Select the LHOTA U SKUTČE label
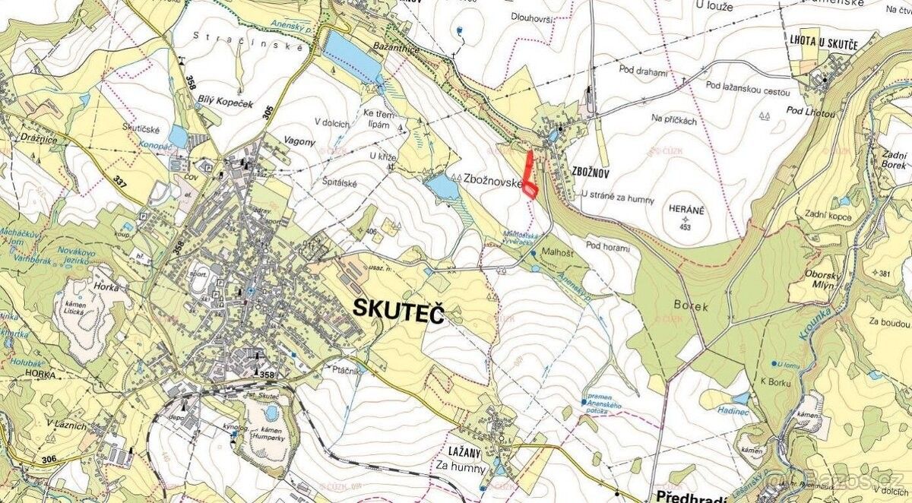823,45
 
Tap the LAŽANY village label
454,450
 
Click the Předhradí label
689,495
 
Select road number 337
119,182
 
